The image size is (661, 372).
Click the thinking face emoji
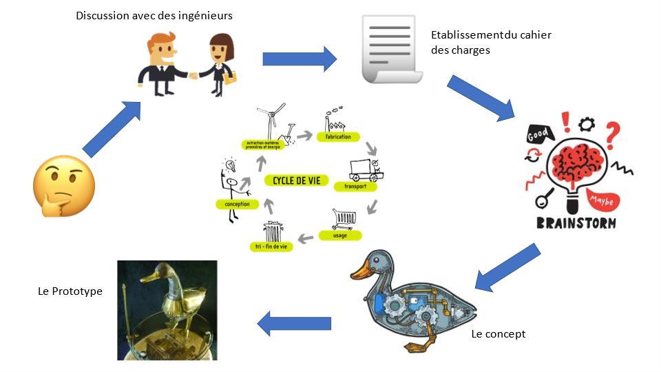tap(63, 185)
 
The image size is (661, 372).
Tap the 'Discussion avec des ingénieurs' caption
tap(154, 14)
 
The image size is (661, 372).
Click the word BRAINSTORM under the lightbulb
tap(577, 223)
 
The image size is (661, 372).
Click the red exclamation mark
tap(566, 122)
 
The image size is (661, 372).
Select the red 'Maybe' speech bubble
tap(602, 200)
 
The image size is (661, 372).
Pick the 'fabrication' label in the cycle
tap(334, 136)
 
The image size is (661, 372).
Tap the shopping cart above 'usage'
tap(344, 220)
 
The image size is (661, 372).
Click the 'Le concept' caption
tap(498, 334)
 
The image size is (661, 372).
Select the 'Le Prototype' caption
tap(70, 291)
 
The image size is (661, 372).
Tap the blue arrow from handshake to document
tap(299, 59)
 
